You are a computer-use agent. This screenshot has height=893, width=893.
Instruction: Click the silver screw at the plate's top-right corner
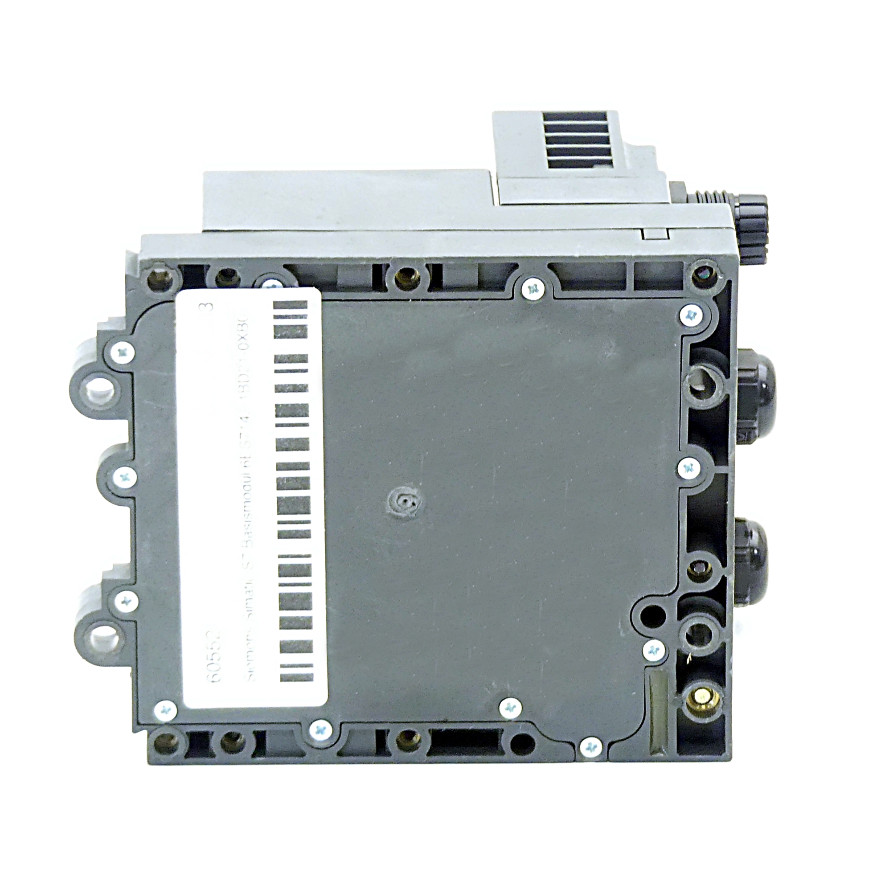point(692,315)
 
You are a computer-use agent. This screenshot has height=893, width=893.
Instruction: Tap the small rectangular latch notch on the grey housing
point(655,233)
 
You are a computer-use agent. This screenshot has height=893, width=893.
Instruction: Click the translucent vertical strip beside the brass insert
point(657,705)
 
